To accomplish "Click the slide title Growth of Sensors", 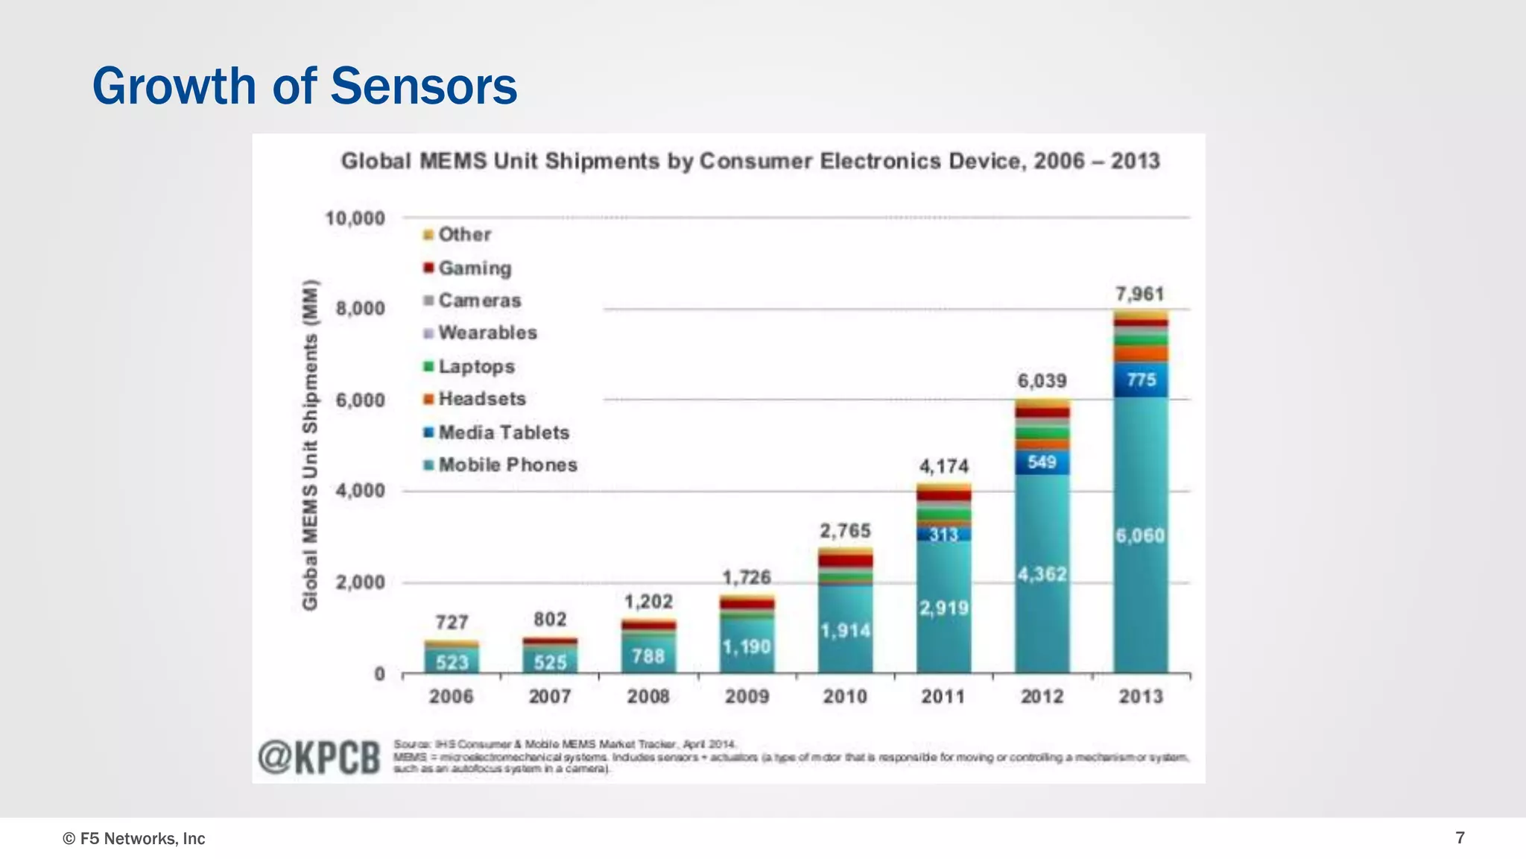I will pos(304,86).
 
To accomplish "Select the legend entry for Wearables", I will pos(487,333).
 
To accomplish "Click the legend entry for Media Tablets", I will pos(503,432).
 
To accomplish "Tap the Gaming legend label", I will pos(474,268).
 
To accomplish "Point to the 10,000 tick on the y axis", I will pos(355,218).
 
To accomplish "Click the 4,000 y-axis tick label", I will pos(360,491).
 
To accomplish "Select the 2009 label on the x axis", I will pos(747,696).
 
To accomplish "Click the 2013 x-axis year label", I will pos(1140,696).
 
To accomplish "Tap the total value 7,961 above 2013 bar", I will pos(1139,295).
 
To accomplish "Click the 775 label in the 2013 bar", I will pos(1141,380).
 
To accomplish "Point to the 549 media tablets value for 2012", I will pos(1042,462).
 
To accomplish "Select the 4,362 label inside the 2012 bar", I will pos(1042,574).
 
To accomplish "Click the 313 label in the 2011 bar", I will pos(943,535).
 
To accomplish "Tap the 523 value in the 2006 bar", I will pos(452,662).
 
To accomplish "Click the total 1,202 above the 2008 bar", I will pos(648,602).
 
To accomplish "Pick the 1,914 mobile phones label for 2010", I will pos(845,631).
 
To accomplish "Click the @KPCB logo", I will pos(319,758).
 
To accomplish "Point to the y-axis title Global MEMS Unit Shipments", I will pos(310,444).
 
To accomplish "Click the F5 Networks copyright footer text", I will pos(133,839).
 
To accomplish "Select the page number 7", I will pos(1460,838).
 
